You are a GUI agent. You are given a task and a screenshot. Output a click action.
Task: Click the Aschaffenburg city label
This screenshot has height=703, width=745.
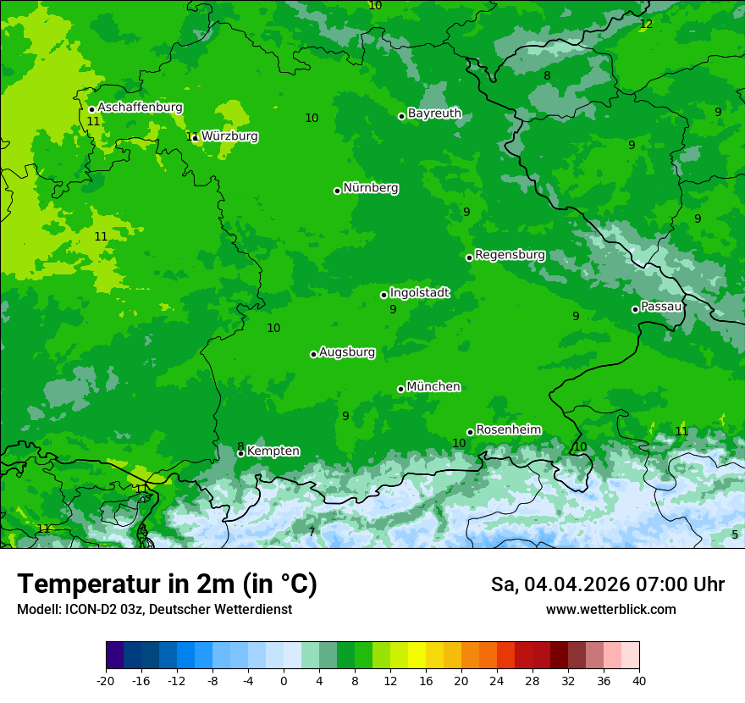(x=140, y=108)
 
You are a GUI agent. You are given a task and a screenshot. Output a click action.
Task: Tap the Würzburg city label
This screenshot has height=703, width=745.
(x=229, y=136)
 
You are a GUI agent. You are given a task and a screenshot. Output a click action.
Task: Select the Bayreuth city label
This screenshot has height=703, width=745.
(x=434, y=113)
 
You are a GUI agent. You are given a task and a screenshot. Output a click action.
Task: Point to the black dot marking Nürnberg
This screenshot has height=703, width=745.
(x=337, y=191)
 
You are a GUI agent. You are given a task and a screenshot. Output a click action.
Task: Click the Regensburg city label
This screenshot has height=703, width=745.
(x=510, y=255)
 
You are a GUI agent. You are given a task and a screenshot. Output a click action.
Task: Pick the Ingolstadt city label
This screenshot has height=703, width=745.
(x=419, y=293)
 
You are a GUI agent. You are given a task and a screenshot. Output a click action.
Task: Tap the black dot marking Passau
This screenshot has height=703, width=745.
(x=635, y=309)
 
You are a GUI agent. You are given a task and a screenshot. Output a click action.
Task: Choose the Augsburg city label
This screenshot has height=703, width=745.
(x=346, y=352)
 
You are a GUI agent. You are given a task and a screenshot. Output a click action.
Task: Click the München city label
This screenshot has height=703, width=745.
(x=433, y=387)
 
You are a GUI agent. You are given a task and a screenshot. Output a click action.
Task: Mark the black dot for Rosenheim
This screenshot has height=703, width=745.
(x=470, y=432)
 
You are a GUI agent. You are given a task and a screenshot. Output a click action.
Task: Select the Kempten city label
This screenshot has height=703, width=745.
(x=273, y=451)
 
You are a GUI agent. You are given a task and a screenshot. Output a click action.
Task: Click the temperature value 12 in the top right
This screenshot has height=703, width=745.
(x=646, y=24)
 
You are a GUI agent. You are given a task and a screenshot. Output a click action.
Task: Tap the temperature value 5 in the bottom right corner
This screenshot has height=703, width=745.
(x=735, y=534)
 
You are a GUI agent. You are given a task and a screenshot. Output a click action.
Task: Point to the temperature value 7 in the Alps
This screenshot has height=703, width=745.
(x=312, y=532)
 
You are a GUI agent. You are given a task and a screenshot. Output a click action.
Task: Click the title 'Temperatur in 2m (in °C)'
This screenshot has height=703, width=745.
(x=167, y=584)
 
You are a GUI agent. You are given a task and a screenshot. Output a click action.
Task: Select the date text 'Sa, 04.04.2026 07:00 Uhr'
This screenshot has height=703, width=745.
(x=607, y=584)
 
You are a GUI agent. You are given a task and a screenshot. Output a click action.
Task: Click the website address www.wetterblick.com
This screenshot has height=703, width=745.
(x=610, y=610)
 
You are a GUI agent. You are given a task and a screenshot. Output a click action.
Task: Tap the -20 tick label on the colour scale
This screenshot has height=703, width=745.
(x=106, y=680)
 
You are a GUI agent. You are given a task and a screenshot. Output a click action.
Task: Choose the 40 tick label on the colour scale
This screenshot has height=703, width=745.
(x=639, y=680)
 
